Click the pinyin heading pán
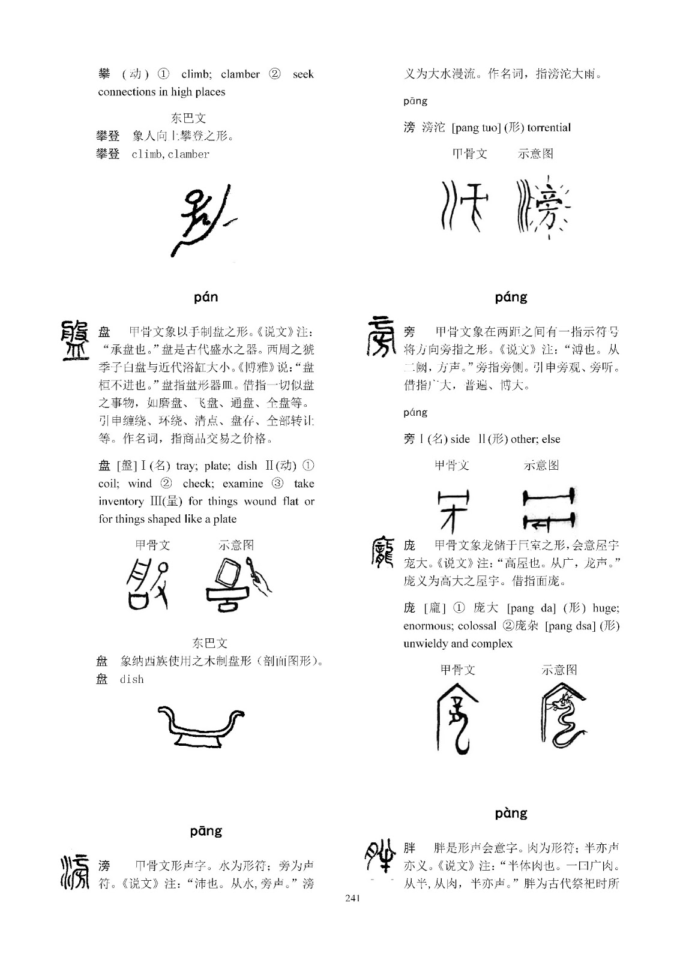pos(206,297)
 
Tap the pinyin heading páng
pos(511,297)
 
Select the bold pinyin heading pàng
pos(511,813)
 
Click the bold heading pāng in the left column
pos(206,831)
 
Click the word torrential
pos(549,127)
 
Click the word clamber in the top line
pos(240,74)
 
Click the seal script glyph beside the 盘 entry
pos(76,340)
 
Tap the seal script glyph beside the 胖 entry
pos(381,857)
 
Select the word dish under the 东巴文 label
pos(131,679)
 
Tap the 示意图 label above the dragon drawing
pos(559,670)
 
